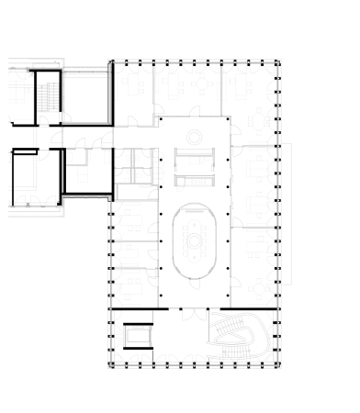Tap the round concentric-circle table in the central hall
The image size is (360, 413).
point(195,137)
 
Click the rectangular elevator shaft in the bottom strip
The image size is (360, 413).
point(138,337)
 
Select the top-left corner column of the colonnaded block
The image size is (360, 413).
point(112,63)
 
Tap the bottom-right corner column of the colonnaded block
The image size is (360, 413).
point(278,364)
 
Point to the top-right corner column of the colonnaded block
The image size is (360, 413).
point(278,63)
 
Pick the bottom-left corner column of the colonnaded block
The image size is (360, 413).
point(112,364)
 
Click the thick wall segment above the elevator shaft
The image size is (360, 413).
point(138,310)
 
